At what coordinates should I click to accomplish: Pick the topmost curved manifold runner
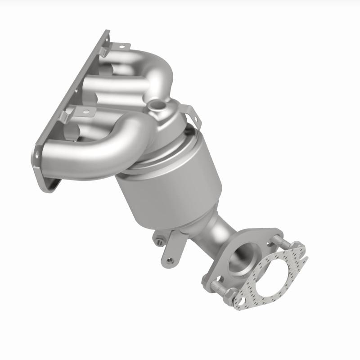(148, 67)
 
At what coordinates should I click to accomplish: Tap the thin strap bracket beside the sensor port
(191, 112)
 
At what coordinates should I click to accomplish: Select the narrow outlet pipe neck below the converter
(216, 234)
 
